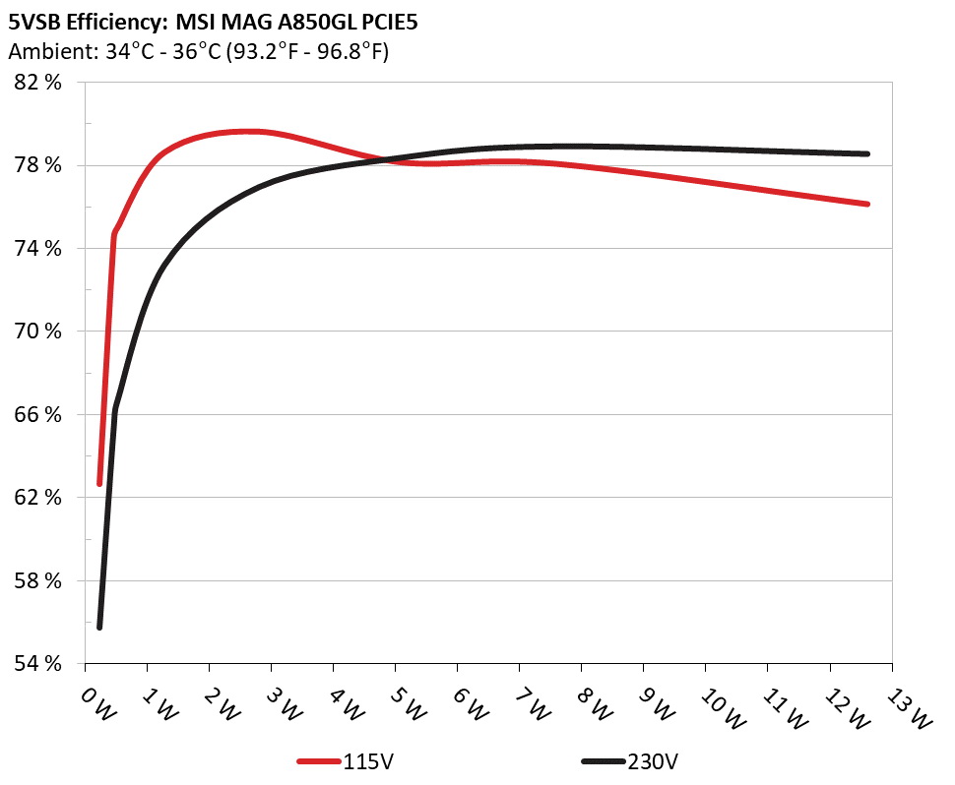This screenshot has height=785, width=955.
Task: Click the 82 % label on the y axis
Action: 39,83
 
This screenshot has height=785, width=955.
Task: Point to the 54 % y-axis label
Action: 39,664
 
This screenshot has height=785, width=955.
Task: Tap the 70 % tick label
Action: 39,332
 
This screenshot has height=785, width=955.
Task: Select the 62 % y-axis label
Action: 39,498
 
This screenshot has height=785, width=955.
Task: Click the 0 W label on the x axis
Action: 97,704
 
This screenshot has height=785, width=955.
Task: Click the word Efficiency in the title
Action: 112,21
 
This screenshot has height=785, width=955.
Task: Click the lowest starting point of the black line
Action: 99,627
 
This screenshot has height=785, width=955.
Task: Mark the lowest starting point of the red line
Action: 99,483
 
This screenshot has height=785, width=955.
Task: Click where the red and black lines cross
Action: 387,159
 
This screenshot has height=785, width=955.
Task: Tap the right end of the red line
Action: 867,204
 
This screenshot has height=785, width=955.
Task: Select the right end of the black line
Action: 867,153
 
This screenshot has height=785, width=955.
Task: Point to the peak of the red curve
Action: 251,131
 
